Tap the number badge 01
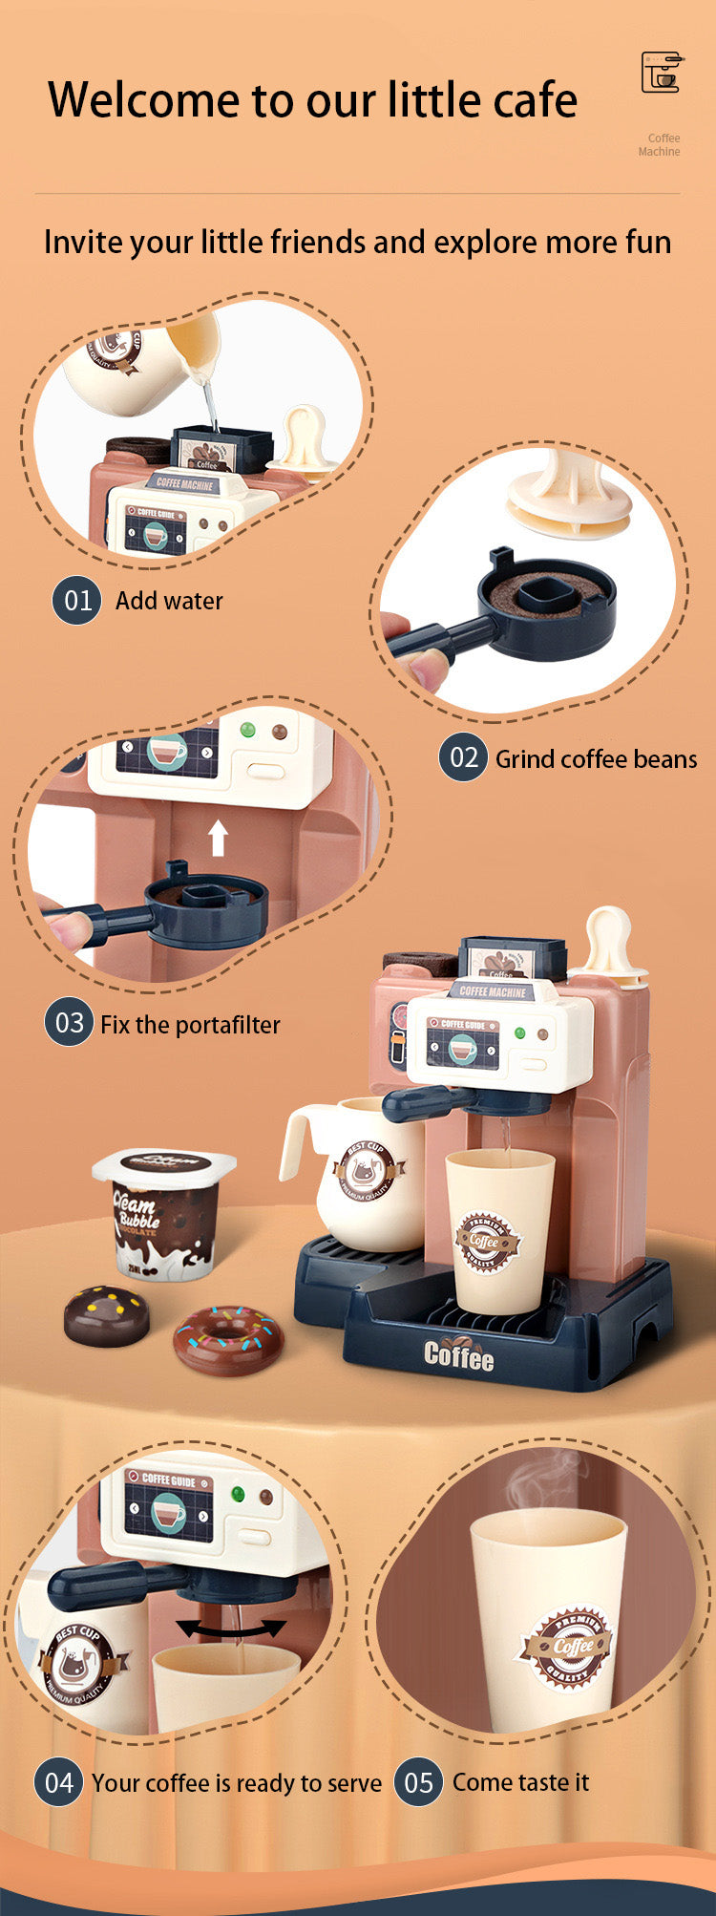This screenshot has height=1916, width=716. pyautogui.click(x=76, y=601)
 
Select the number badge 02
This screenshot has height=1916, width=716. pyautogui.click(x=463, y=758)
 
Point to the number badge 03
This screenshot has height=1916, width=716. pyautogui.click(x=69, y=1023)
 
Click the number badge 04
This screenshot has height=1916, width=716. pyautogui.click(x=58, y=1782)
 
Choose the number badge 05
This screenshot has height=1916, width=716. pyautogui.click(x=418, y=1782)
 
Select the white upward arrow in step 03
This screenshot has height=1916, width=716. pyautogui.click(x=219, y=838)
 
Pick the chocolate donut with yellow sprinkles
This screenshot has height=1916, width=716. pyautogui.click(x=107, y=1316)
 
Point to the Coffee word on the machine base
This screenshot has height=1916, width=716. pyautogui.click(x=459, y=1354)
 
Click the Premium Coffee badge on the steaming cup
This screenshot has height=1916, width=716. pyautogui.click(x=568, y=1646)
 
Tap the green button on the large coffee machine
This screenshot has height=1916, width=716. pyautogui.click(x=520, y=1033)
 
